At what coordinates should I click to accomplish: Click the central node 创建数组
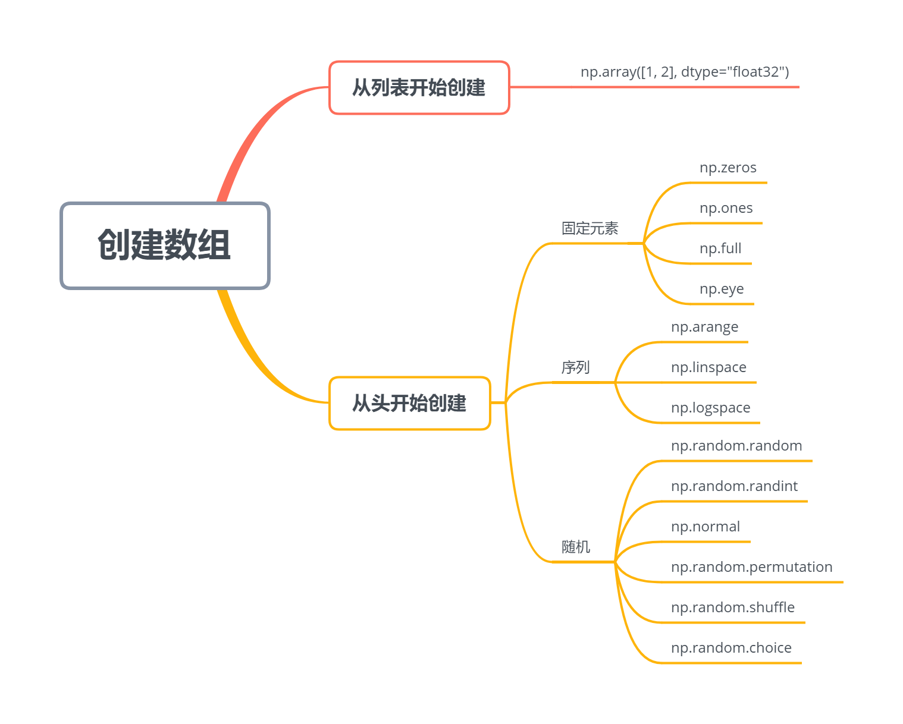[x=165, y=245]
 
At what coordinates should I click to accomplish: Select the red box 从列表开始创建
[x=419, y=87]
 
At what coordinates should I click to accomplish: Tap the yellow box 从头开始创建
[x=409, y=403]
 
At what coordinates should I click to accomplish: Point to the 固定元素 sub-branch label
[x=590, y=228]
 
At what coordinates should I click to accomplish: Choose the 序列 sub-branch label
[x=575, y=367]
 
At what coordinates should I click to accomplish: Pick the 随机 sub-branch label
[x=575, y=547]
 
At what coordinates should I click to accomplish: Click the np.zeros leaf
[x=728, y=168]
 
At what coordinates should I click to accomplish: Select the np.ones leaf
[x=726, y=208]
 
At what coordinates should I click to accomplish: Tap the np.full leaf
[x=720, y=248]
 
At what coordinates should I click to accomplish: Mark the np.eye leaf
[x=722, y=289]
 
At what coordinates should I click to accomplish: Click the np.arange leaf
[x=704, y=327]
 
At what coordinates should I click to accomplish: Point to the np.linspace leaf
[x=708, y=367]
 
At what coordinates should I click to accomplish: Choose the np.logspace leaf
[x=710, y=408]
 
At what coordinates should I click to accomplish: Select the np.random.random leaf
[x=736, y=446]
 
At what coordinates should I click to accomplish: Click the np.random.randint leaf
[x=734, y=486]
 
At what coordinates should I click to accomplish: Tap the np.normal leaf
[x=706, y=527]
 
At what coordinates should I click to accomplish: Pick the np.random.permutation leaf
[x=751, y=567]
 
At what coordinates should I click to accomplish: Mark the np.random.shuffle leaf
[x=732, y=607]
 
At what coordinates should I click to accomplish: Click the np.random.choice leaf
[x=731, y=648]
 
